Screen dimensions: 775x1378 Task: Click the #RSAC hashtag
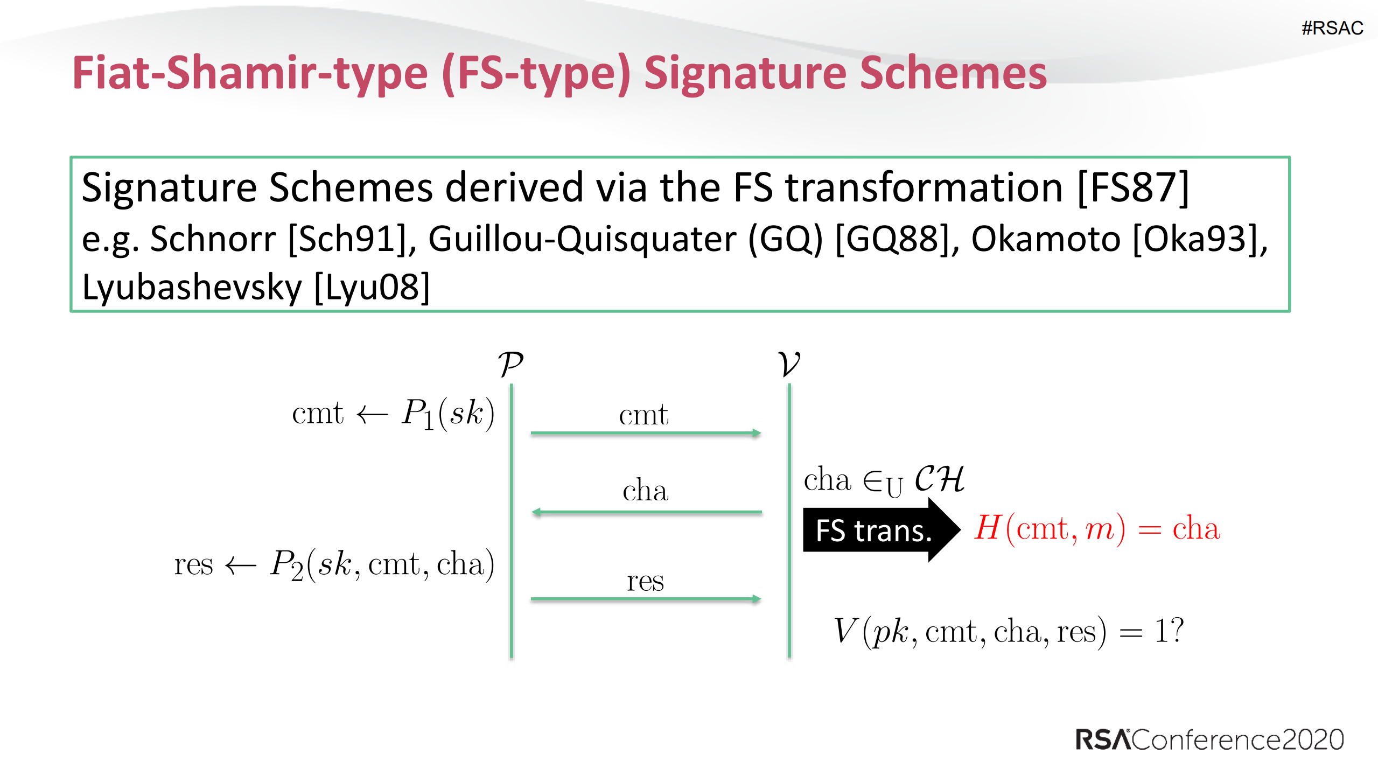[x=1332, y=28]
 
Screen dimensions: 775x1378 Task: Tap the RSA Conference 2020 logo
[x=1209, y=739]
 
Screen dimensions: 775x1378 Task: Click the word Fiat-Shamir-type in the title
[x=250, y=73]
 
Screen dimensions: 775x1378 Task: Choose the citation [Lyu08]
[x=372, y=287]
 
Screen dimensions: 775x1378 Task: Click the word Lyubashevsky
[x=192, y=287]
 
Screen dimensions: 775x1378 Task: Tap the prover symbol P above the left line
[x=510, y=364]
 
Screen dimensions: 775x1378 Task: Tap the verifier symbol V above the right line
[x=789, y=364]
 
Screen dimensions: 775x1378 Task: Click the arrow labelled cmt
[x=645, y=432]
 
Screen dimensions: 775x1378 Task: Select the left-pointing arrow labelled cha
[x=646, y=512]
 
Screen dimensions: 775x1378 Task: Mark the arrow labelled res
[x=645, y=598]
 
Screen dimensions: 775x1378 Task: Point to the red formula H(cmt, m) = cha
[x=1097, y=528]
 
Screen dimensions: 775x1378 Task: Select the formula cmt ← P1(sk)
[x=393, y=414]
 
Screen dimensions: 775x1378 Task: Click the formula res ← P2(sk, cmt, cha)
[x=334, y=564]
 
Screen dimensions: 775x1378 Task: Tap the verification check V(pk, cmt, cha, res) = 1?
[x=1008, y=631]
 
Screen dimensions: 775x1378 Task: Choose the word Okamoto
[x=1045, y=239]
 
